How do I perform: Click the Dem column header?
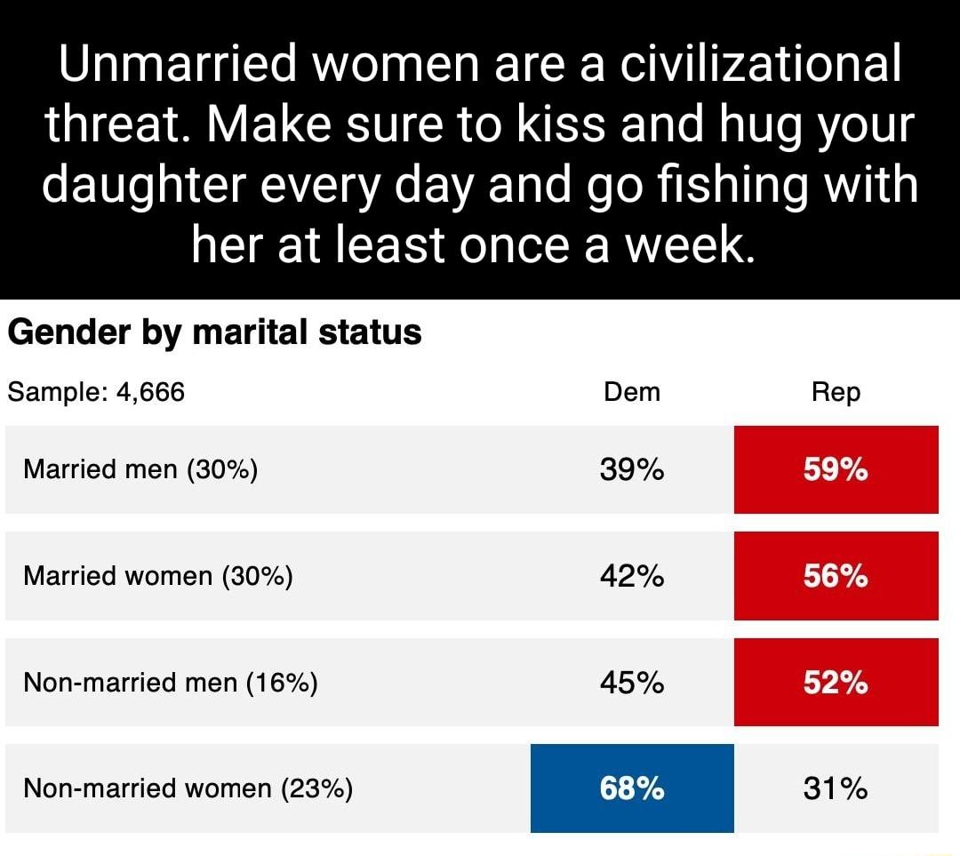pyautogui.click(x=631, y=391)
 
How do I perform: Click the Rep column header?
pyautogui.click(x=836, y=392)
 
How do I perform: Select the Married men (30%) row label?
pyautogui.click(x=140, y=469)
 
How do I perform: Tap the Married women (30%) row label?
pyautogui.click(x=158, y=576)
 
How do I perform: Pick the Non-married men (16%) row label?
pyautogui.click(x=171, y=683)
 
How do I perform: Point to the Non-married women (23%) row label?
pyautogui.click(x=188, y=788)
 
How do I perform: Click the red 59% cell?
pyautogui.click(x=836, y=469)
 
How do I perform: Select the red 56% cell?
pyautogui.click(x=836, y=576)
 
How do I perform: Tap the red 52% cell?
pyautogui.click(x=836, y=683)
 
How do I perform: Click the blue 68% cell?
pyautogui.click(x=632, y=788)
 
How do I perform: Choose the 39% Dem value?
pyautogui.click(x=632, y=469)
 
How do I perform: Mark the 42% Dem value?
pyautogui.click(x=632, y=576)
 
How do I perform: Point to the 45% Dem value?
pyautogui.click(x=632, y=683)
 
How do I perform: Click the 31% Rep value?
pyautogui.click(x=836, y=788)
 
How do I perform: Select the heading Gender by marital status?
pyautogui.click(x=214, y=332)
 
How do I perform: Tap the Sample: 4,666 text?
pyautogui.click(x=96, y=391)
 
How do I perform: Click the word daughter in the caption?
pyautogui.click(x=158, y=185)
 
